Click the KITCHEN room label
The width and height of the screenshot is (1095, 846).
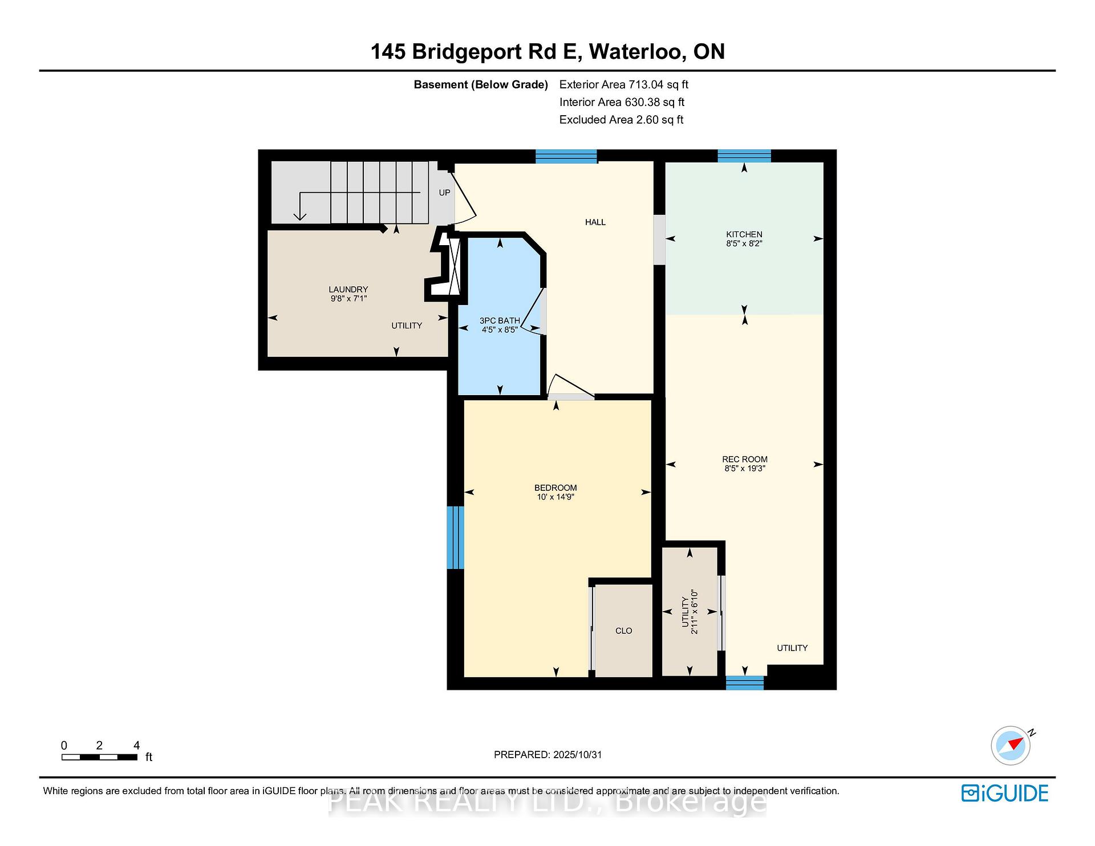pyautogui.click(x=744, y=234)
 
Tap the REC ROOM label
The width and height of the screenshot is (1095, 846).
pyautogui.click(x=744, y=459)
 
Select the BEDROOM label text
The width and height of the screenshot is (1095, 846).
pyautogui.click(x=555, y=488)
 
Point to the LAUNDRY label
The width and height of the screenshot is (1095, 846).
pyautogui.click(x=348, y=290)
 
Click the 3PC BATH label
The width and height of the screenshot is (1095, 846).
pyautogui.click(x=500, y=321)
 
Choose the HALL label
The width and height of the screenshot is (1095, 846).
pyautogui.click(x=595, y=222)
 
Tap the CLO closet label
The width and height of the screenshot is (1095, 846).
pyautogui.click(x=624, y=631)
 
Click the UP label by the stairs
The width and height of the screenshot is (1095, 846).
pyautogui.click(x=444, y=193)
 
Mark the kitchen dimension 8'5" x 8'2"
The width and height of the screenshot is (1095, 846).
pyautogui.click(x=744, y=243)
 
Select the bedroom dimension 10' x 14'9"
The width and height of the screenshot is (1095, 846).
pyautogui.click(x=555, y=497)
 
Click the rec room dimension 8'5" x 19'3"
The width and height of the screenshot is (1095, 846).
pyautogui.click(x=744, y=469)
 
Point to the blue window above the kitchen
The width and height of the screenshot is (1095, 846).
pyautogui.click(x=744, y=156)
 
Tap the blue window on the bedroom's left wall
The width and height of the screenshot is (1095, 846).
pyautogui.click(x=455, y=538)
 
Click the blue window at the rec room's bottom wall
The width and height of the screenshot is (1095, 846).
pyautogui.click(x=744, y=683)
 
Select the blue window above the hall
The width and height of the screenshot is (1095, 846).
pyautogui.click(x=566, y=156)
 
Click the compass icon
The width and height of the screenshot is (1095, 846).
pyautogui.click(x=1011, y=746)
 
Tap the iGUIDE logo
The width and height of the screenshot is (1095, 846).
pyautogui.click(x=1005, y=793)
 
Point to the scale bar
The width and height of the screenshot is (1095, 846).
pyautogui.click(x=99, y=757)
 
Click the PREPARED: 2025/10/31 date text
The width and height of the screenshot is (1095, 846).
pyautogui.click(x=547, y=755)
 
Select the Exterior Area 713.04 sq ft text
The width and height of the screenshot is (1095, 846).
pyautogui.click(x=623, y=85)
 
